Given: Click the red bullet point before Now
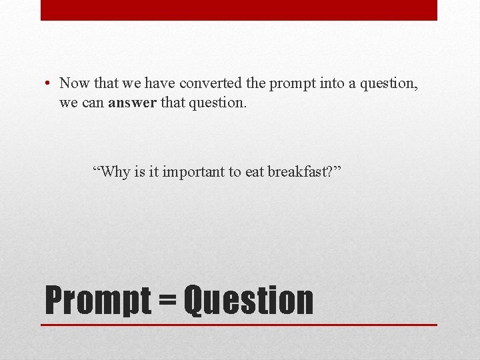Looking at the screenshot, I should click(48, 84).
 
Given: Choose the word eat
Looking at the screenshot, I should click(255, 172).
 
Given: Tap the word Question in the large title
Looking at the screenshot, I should click(248, 301).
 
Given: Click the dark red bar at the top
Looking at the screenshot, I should click(239, 10).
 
